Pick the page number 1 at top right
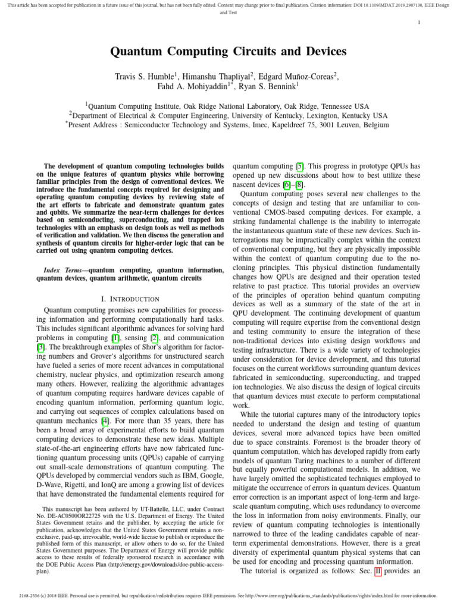(419, 23)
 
